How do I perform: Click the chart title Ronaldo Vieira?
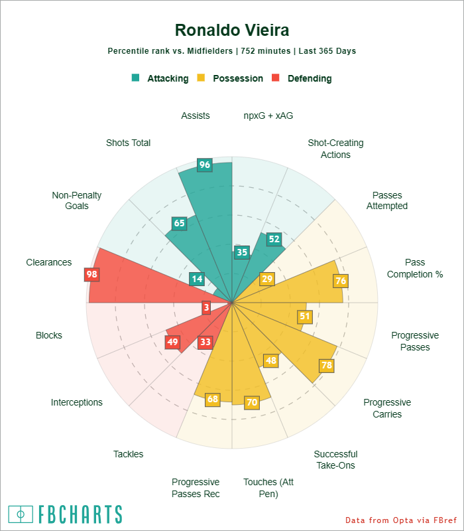[232, 31]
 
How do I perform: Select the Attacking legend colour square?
[136, 78]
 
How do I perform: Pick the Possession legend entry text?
[238, 78]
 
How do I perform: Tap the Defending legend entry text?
[310, 78]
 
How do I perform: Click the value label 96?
[205, 165]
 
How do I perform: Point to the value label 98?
[91, 274]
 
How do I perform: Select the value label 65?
[179, 224]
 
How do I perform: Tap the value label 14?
[196, 279]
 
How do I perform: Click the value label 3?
[207, 307]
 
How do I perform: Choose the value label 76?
[341, 281]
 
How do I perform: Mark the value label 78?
[327, 365]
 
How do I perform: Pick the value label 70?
[251, 402]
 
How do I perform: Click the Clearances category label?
[49, 262]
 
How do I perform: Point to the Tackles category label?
[128, 454]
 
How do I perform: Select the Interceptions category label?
[77, 402]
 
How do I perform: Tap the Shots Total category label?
[128, 143]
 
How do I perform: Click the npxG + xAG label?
[268, 115]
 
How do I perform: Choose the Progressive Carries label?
[387, 408]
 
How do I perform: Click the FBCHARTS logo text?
[80, 514]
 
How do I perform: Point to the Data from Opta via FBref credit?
[401, 520]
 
